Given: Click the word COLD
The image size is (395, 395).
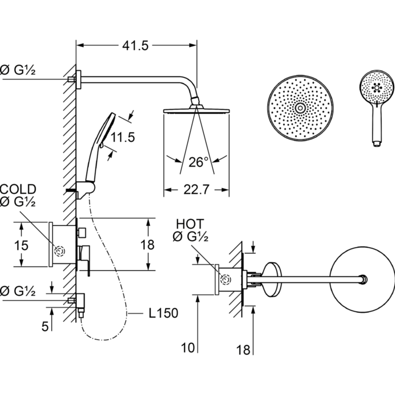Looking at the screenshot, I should pyautogui.click(x=18, y=189).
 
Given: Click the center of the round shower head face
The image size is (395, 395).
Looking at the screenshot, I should pyautogui.click(x=299, y=108).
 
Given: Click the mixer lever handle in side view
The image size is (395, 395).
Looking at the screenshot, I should pyautogui.click(x=82, y=257).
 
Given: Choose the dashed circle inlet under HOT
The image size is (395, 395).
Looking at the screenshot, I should pyautogui.click(x=226, y=279).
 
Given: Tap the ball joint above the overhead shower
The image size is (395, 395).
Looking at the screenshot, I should pyautogui.click(x=196, y=101).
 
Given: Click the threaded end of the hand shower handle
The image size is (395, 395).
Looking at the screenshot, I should pyautogui.click(x=376, y=143).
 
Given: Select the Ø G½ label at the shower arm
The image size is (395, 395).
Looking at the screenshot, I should pyautogui.click(x=18, y=71).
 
